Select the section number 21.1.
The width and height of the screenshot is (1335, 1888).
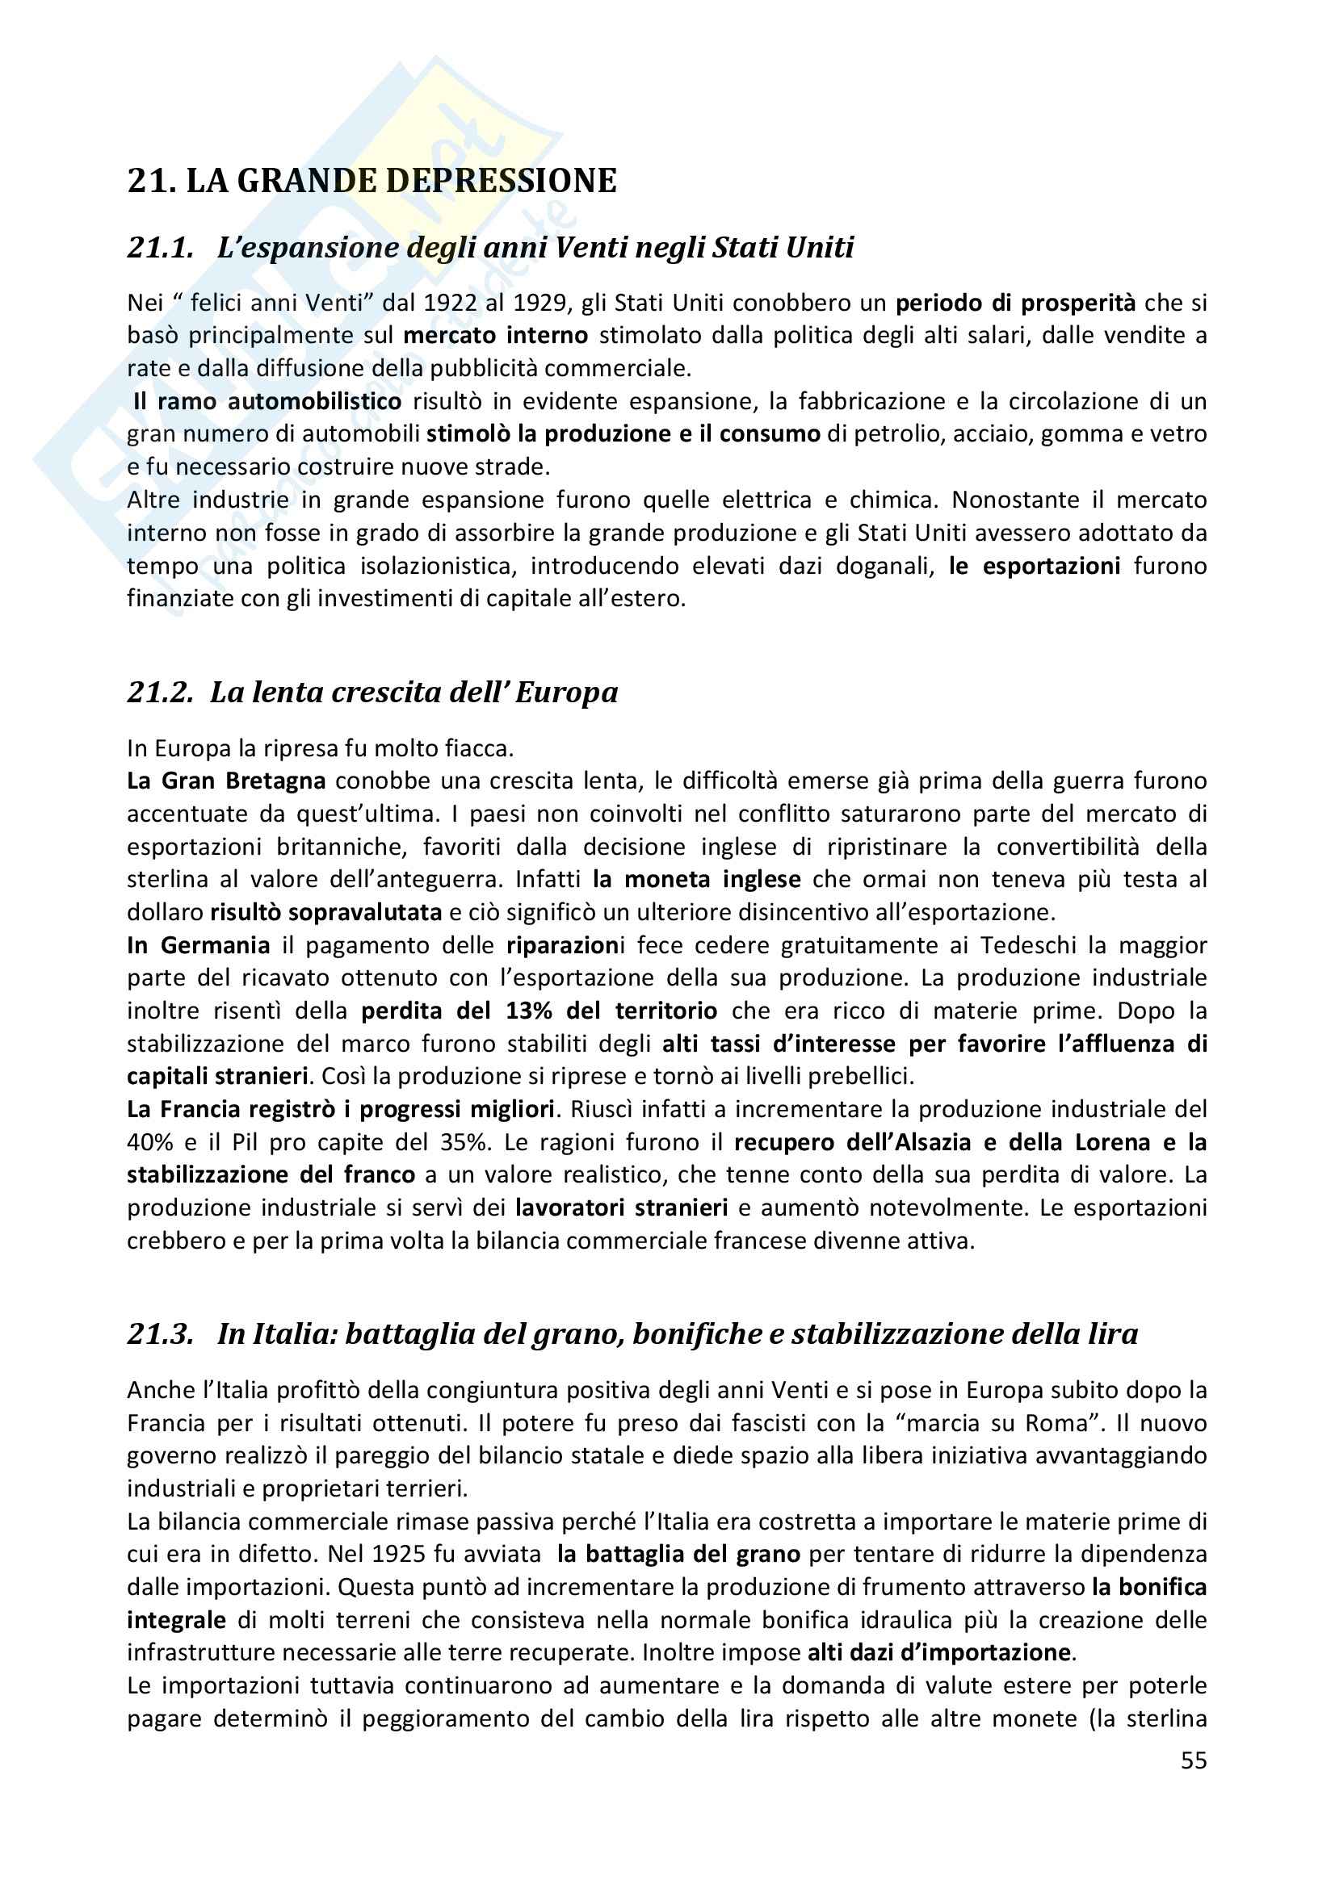[x=161, y=248]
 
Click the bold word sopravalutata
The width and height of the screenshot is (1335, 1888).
[x=372, y=912]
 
